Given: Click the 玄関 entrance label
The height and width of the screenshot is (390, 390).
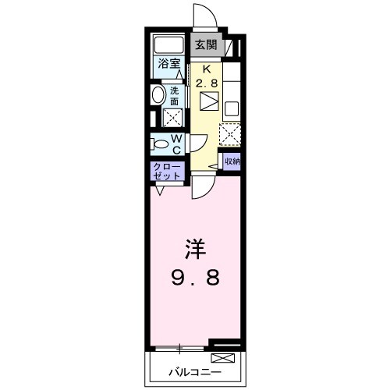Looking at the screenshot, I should [x=206, y=44].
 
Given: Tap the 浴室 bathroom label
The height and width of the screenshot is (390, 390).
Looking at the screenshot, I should [x=168, y=64].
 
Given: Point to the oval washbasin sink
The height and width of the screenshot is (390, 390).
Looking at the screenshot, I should [x=159, y=96].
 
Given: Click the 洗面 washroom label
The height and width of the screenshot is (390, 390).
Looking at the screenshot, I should [x=175, y=95].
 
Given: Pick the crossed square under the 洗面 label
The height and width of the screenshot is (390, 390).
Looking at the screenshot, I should [x=172, y=119].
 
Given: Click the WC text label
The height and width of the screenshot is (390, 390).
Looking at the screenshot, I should [x=176, y=144].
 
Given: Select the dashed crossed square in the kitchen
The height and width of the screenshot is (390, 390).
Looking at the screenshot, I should [x=231, y=134].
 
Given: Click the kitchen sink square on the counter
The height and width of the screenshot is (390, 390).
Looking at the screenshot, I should [x=231, y=107].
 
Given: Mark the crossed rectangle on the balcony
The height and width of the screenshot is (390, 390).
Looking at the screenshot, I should [x=223, y=357].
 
